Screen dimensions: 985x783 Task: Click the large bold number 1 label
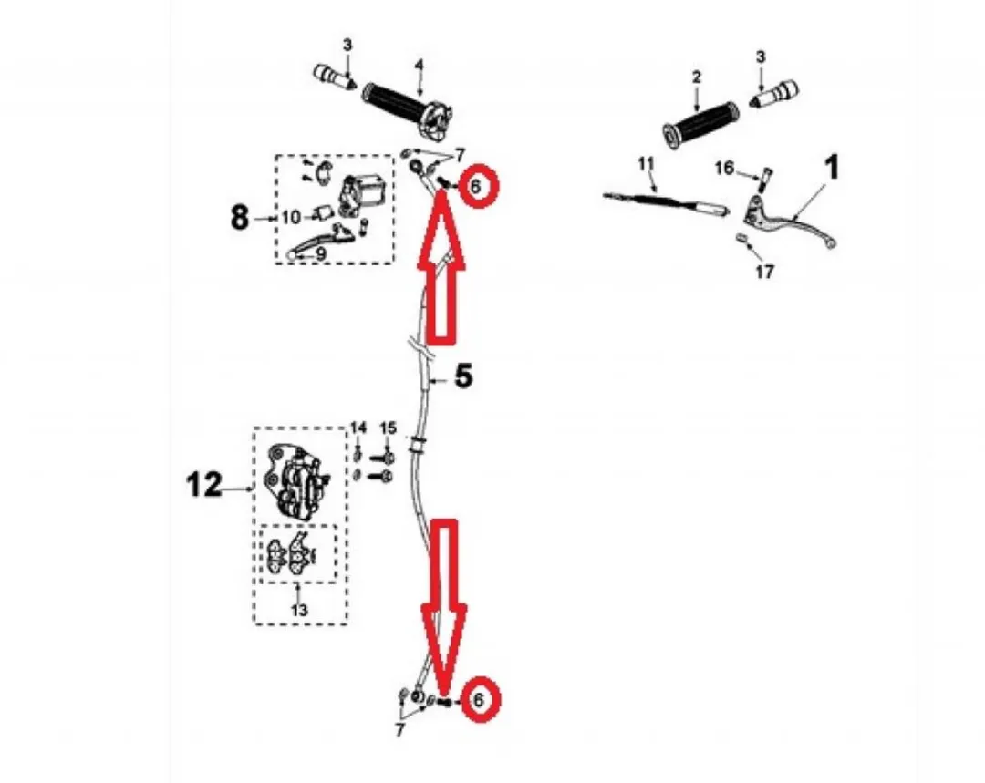pyautogui.click(x=831, y=169)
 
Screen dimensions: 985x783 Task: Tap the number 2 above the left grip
pyautogui.click(x=696, y=77)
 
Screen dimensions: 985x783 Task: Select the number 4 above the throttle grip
pyautogui.click(x=419, y=65)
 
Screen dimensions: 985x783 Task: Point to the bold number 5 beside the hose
pyautogui.click(x=463, y=376)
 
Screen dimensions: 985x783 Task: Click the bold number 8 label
pyautogui.click(x=240, y=219)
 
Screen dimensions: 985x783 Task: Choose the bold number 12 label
pyautogui.click(x=204, y=485)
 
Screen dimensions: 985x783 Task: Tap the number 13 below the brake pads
pyautogui.click(x=300, y=610)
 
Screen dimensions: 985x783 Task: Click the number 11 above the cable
pyautogui.click(x=646, y=164)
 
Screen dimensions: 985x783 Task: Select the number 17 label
pyautogui.click(x=764, y=272)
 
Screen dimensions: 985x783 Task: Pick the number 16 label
pyautogui.click(x=724, y=168)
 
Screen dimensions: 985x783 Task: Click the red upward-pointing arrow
pyautogui.click(x=441, y=267)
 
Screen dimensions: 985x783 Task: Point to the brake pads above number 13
pyautogui.click(x=294, y=553)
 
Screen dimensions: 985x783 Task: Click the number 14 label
pyautogui.click(x=358, y=428)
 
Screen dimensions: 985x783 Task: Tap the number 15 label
pyautogui.click(x=389, y=428)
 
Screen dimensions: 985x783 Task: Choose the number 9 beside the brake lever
pyautogui.click(x=320, y=253)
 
